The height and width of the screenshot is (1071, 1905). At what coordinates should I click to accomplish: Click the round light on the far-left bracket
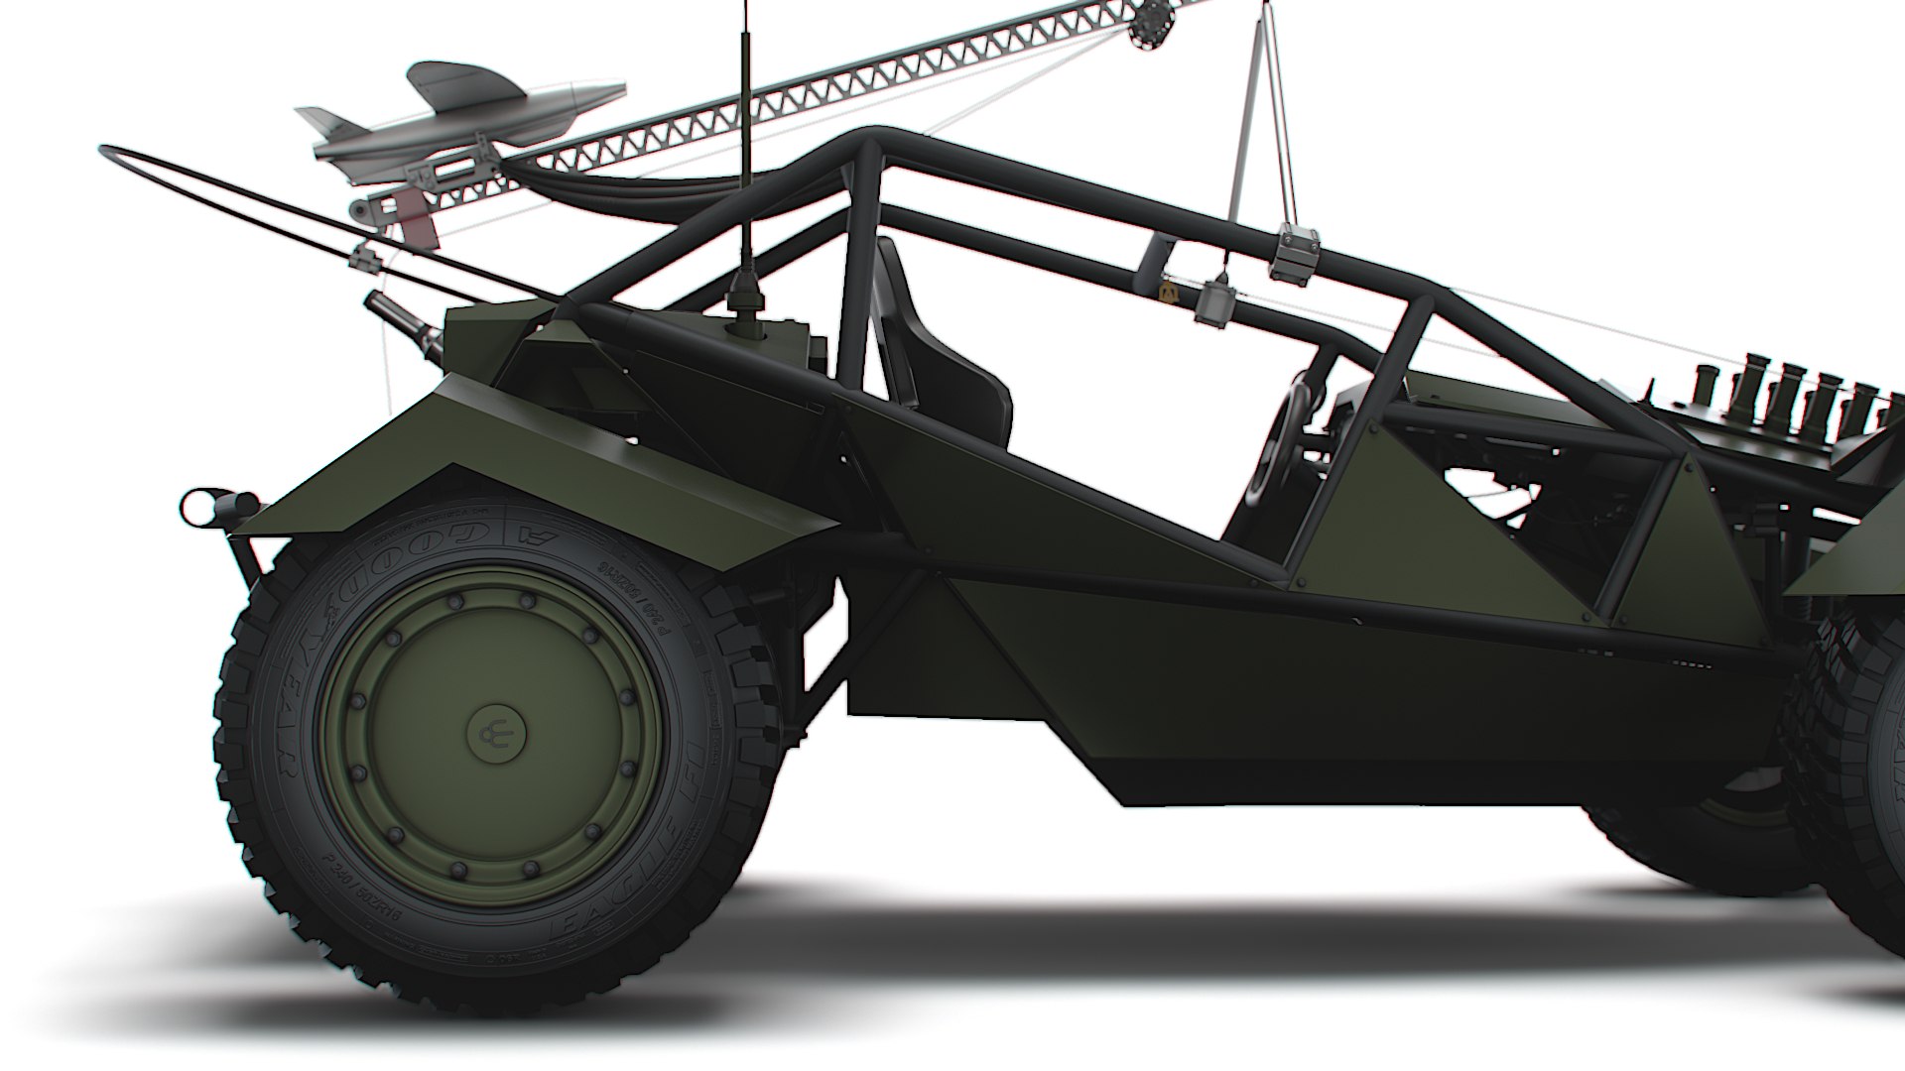pos(198,507)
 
